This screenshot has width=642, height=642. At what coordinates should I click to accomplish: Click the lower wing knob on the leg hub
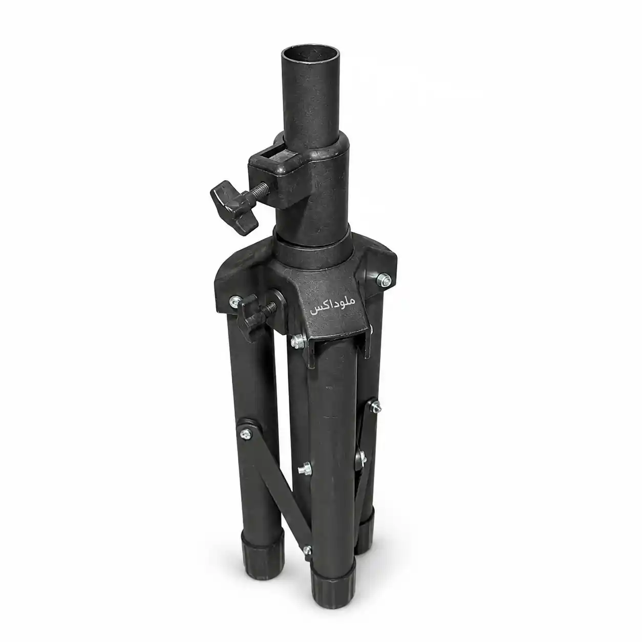[x=250, y=317]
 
